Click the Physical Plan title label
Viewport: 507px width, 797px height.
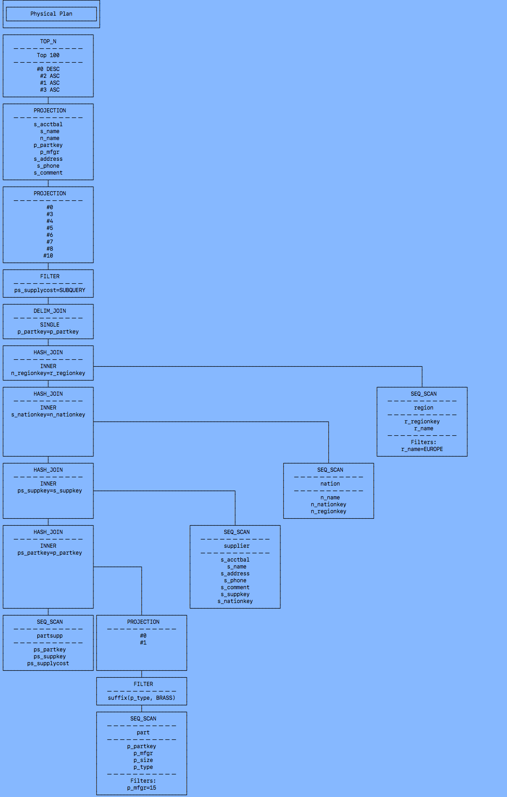click(x=51, y=14)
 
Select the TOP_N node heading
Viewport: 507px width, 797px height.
click(x=48, y=41)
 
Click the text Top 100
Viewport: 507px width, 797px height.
click(x=48, y=55)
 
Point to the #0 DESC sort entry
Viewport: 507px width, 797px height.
click(x=48, y=69)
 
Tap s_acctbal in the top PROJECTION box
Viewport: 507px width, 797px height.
click(x=48, y=124)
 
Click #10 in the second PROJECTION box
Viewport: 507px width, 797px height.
click(x=48, y=256)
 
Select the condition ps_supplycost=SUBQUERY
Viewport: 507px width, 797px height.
click(x=50, y=290)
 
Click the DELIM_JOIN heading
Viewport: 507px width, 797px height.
click(x=50, y=311)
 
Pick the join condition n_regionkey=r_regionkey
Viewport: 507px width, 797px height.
click(x=48, y=373)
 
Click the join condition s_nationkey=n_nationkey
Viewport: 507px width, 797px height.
click(x=48, y=415)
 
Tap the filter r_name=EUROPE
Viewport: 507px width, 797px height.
click(x=422, y=449)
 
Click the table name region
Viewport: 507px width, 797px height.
click(x=423, y=408)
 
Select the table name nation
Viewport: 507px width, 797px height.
click(x=330, y=484)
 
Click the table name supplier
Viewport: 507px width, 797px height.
click(x=237, y=546)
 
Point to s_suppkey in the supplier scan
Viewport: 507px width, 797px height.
click(x=235, y=594)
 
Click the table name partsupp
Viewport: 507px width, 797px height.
click(x=50, y=636)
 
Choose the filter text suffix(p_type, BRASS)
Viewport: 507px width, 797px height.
click(x=142, y=698)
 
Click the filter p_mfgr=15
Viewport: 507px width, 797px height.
click(x=142, y=788)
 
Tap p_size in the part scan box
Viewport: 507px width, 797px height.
click(x=143, y=760)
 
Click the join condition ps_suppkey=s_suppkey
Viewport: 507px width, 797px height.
click(x=50, y=491)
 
